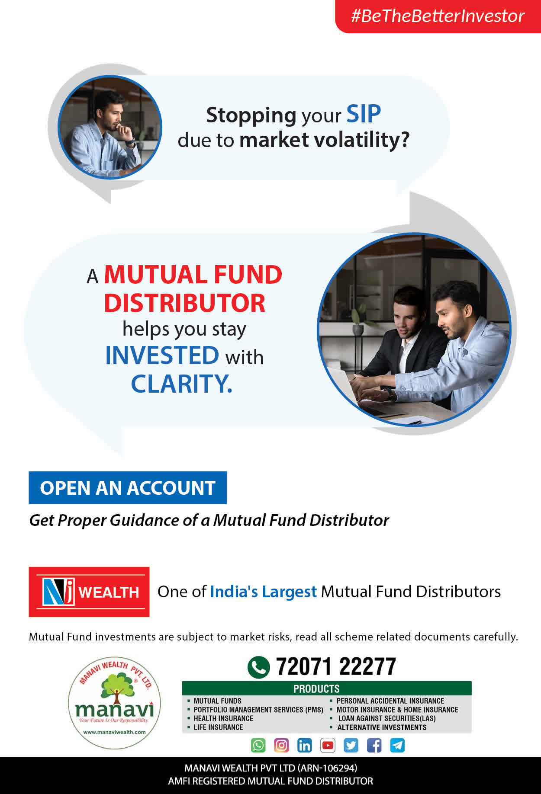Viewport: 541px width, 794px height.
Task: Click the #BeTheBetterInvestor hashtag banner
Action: coord(438,16)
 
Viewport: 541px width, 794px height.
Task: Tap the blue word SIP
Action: coord(364,115)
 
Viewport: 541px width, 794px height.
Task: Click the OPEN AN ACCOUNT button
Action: coord(128,488)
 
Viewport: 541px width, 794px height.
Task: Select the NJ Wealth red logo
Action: coord(89,592)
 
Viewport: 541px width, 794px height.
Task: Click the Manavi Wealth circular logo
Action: coord(114,703)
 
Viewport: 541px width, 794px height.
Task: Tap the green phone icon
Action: coord(259,667)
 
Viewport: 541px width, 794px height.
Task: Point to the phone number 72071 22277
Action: coord(336,666)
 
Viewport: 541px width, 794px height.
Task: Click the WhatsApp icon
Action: coord(258,745)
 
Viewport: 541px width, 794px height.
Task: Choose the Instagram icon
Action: coord(281,745)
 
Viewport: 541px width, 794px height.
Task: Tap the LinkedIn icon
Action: coord(304,745)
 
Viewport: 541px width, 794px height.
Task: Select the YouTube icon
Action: coord(328,745)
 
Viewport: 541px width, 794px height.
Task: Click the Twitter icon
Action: coord(351,745)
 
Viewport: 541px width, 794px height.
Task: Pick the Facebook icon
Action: coord(374,745)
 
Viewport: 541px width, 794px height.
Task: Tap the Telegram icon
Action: coord(397,745)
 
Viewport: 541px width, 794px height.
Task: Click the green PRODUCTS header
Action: coord(327,688)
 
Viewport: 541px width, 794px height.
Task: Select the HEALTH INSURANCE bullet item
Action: coord(221,718)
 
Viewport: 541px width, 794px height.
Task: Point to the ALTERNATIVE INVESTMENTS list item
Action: coord(378,727)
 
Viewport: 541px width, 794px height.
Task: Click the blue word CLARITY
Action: coord(182,384)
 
